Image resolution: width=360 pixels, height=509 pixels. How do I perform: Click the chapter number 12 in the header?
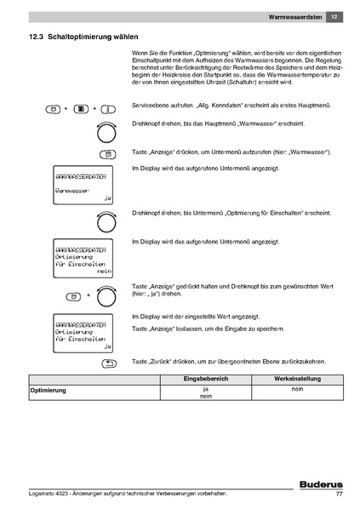click(x=335, y=16)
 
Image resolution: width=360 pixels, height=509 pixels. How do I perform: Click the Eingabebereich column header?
click(x=205, y=378)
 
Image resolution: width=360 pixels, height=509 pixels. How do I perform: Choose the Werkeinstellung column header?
click(x=297, y=378)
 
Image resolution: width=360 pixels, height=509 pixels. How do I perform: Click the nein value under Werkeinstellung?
click(x=297, y=388)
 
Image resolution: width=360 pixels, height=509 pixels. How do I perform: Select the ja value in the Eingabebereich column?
click(x=205, y=388)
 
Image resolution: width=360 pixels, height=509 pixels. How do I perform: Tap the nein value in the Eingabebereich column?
click(x=205, y=397)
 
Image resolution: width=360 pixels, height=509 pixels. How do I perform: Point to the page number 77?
click(x=339, y=494)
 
